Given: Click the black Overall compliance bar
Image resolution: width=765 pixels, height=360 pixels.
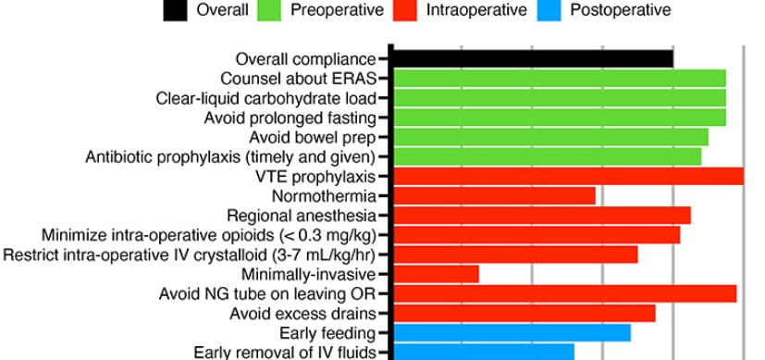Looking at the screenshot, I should (533, 58).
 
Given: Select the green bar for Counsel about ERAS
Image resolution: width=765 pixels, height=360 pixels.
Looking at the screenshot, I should (560, 78).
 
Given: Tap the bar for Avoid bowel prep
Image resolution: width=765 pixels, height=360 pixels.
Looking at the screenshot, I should (550, 137).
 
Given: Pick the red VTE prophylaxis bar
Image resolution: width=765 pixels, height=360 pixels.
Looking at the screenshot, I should (568, 176).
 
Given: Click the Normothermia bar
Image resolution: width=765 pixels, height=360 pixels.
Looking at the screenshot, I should (494, 195).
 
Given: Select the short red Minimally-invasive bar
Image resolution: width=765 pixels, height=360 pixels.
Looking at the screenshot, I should (437, 274).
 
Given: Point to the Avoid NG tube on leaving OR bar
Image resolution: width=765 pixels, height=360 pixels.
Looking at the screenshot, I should (565, 293).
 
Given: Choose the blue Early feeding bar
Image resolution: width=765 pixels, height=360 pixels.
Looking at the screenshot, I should (512, 332).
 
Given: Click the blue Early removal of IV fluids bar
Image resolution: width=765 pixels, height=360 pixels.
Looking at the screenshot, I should (484, 351).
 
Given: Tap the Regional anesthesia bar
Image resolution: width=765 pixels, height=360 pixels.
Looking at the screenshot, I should (542, 215).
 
